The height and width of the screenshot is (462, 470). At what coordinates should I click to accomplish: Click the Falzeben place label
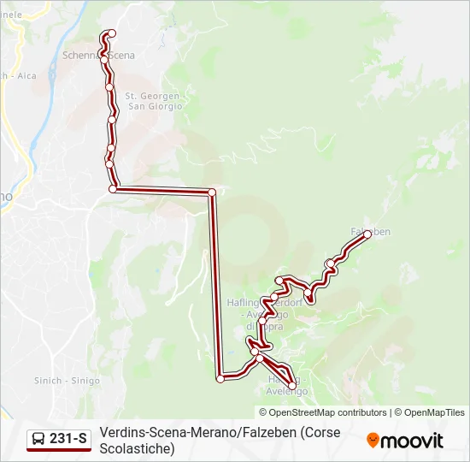click(371, 232)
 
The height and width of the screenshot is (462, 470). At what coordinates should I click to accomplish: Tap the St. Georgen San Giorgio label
click(154, 102)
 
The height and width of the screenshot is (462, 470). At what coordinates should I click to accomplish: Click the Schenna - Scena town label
click(99, 55)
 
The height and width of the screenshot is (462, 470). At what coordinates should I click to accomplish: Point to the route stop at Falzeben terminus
click(368, 233)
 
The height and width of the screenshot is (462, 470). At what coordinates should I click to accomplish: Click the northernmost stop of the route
click(110, 34)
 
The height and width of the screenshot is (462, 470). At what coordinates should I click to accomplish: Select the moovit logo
click(405, 441)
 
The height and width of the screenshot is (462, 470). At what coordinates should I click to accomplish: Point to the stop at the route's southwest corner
click(220, 378)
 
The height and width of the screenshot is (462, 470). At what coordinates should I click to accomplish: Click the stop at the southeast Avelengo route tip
click(293, 387)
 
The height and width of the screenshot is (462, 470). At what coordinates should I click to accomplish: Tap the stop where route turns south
click(212, 192)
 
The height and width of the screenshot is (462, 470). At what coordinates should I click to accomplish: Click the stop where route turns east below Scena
click(113, 188)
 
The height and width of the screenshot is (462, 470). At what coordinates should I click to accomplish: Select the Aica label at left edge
click(26, 75)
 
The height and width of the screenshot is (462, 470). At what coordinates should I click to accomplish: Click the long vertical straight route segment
click(215, 282)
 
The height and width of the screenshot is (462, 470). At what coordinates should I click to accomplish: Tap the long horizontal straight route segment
click(162, 190)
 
